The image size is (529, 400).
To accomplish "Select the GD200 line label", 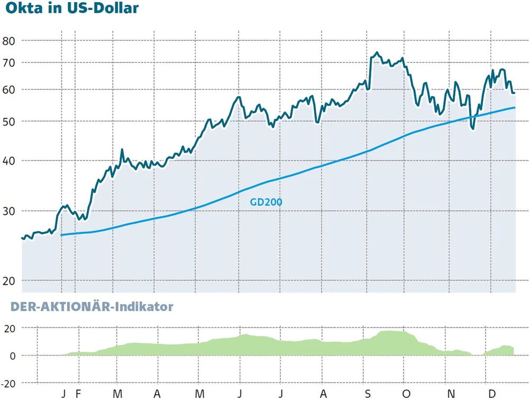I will pos(266,202).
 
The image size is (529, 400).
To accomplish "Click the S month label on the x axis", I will pos(367,394).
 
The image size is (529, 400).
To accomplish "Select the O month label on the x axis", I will pos(406,394).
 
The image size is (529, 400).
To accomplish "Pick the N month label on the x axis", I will pos(450,394).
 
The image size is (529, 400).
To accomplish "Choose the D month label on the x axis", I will pos(491,394).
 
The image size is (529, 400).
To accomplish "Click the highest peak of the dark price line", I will pos(377,52).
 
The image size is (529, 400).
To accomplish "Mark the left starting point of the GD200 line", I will pos(62,234).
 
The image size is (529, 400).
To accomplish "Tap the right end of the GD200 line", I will pos(515,107).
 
